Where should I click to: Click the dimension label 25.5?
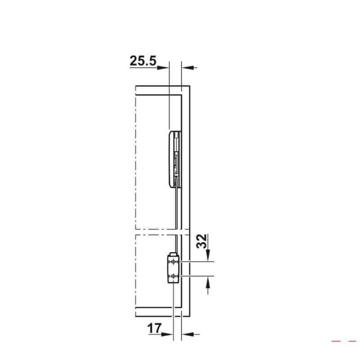(143, 61)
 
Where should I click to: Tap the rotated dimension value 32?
(202, 241)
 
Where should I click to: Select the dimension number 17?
(154, 328)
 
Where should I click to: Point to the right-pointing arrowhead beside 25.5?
(163, 67)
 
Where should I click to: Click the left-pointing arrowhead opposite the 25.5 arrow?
(188, 67)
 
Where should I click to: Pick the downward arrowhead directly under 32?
(208, 255)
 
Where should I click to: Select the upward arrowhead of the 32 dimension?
(208, 283)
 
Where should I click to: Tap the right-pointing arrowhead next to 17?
(167, 334)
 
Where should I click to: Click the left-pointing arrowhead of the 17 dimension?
(188, 334)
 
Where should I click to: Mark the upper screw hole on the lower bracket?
(173, 261)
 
